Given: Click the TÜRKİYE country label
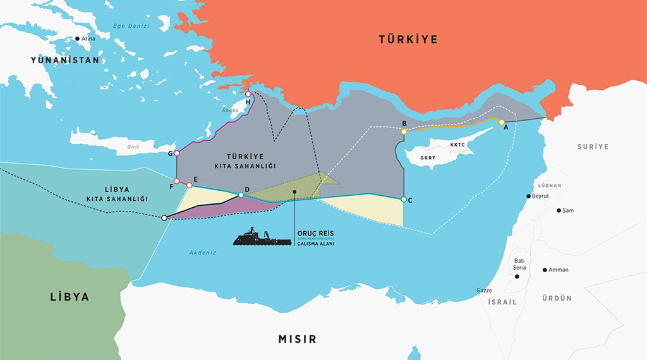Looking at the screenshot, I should [x=408, y=39].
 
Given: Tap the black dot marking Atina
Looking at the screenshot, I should [x=78, y=39].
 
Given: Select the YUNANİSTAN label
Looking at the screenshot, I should [x=65, y=61].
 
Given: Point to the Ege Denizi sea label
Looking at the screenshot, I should [x=131, y=27].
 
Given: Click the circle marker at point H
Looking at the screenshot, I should [x=248, y=94].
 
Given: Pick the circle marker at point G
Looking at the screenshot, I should [x=176, y=153].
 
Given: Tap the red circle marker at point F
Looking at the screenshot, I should [x=176, y=181].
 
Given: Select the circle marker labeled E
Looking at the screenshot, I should [x=189, y=185].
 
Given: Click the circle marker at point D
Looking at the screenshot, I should [x=241, y=195].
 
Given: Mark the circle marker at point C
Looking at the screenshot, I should [x=403, y=200].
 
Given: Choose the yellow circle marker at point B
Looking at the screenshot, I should [x=404, y=131].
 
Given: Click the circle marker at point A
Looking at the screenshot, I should [x=501, y=122].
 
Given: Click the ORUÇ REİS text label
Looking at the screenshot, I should [x=316, y=231].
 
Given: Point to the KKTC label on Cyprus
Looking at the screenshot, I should [x=457, y=144].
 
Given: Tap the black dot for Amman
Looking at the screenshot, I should [x=545, y=270].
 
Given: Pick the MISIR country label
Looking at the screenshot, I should [x=297, y=339].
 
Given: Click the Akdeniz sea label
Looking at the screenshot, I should [x=203, y=253].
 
